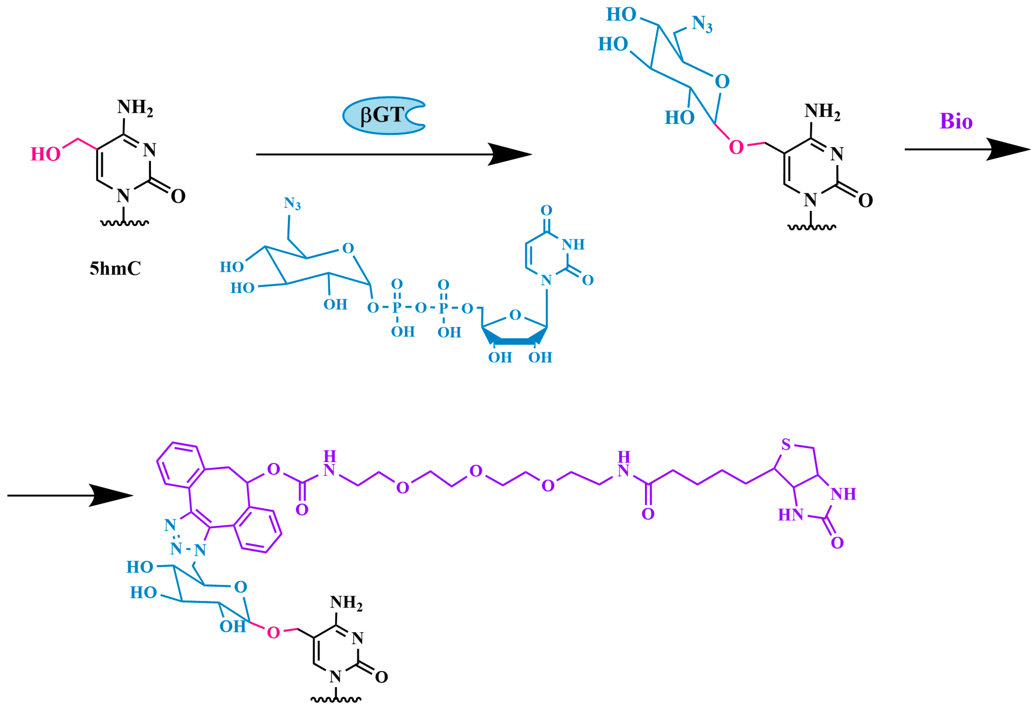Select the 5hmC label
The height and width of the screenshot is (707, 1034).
coord(115,268)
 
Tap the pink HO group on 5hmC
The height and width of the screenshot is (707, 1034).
coord(45,154)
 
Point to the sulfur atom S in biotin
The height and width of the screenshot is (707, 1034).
coord(786,445)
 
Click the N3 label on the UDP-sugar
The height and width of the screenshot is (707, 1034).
coord(292,204)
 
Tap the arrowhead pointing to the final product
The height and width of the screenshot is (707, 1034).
coord(111,495)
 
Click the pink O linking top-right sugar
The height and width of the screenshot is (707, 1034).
coord(736,147)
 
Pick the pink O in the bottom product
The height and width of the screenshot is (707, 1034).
coord(273,632)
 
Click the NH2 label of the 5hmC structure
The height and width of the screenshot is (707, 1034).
coord(135,107)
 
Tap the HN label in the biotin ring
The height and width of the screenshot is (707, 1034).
coord(790,515)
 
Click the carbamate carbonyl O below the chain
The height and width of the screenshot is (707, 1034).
coord(302,510)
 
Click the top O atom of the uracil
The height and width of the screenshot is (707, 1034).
coord(546,210)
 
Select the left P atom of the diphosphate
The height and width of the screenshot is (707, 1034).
coord(397,307)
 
